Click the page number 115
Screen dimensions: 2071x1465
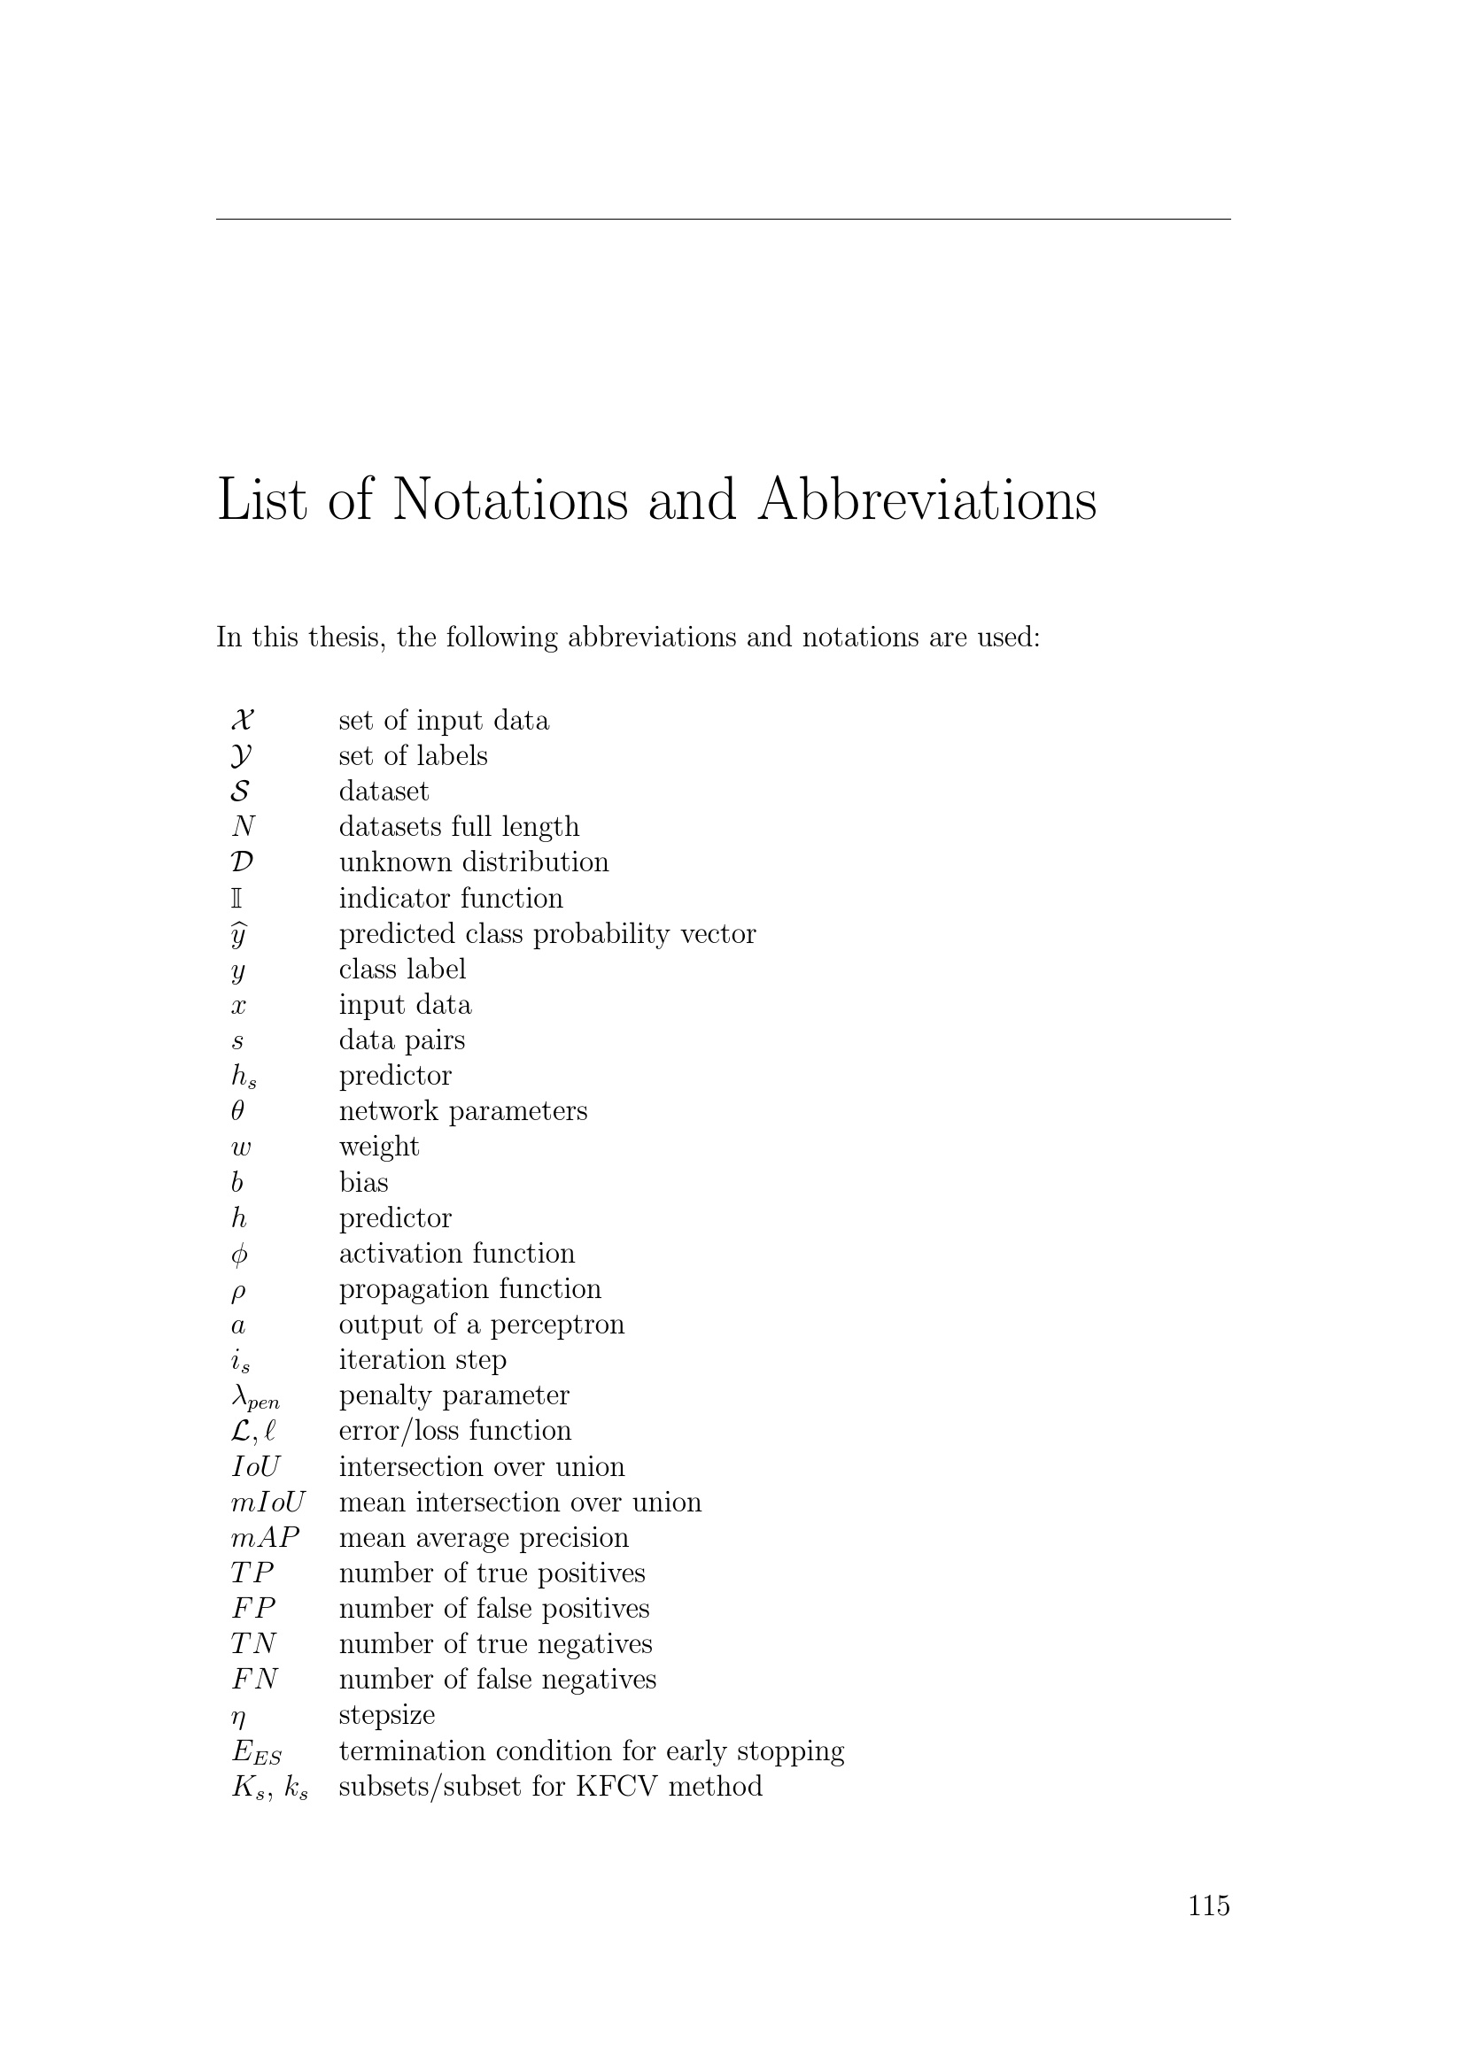[1208, 1905]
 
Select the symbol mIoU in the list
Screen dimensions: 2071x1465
[267, 1502]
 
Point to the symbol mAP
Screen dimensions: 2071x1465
[264, 1537]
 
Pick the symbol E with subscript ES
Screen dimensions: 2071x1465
[256, 1751]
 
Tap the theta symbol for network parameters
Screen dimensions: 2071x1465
[237, 1111]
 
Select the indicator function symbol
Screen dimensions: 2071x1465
[237, 899]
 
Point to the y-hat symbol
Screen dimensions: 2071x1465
[238, 934]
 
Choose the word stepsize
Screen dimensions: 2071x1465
[387, 1716]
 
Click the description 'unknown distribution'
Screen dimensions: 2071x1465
[474, 862]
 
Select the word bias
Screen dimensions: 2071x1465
[363, 1183]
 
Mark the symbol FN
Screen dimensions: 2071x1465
[254, 1680]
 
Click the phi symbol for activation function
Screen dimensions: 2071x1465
[238, 1255]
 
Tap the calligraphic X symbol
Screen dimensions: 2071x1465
[242, 720]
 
